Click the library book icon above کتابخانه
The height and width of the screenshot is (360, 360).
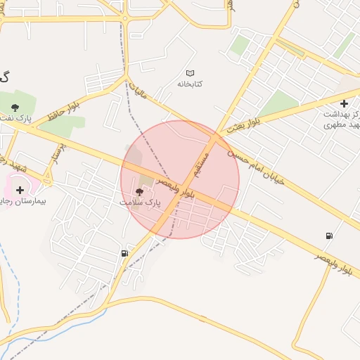(x=190, y=73)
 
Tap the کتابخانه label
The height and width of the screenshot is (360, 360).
(x=190, y=84)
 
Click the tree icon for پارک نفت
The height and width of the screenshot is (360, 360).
(x=15, y=108)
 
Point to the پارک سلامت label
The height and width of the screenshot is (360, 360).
(x=139, y=202)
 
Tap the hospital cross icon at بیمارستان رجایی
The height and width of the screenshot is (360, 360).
(x=19, y=190)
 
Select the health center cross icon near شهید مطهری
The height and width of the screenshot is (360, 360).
(x=343, y=103)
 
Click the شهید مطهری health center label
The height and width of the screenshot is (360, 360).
(x=340, y=124)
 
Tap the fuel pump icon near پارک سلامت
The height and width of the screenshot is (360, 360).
(x=124, y=253)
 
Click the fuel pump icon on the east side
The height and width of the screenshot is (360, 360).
(x=328, y=236)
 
